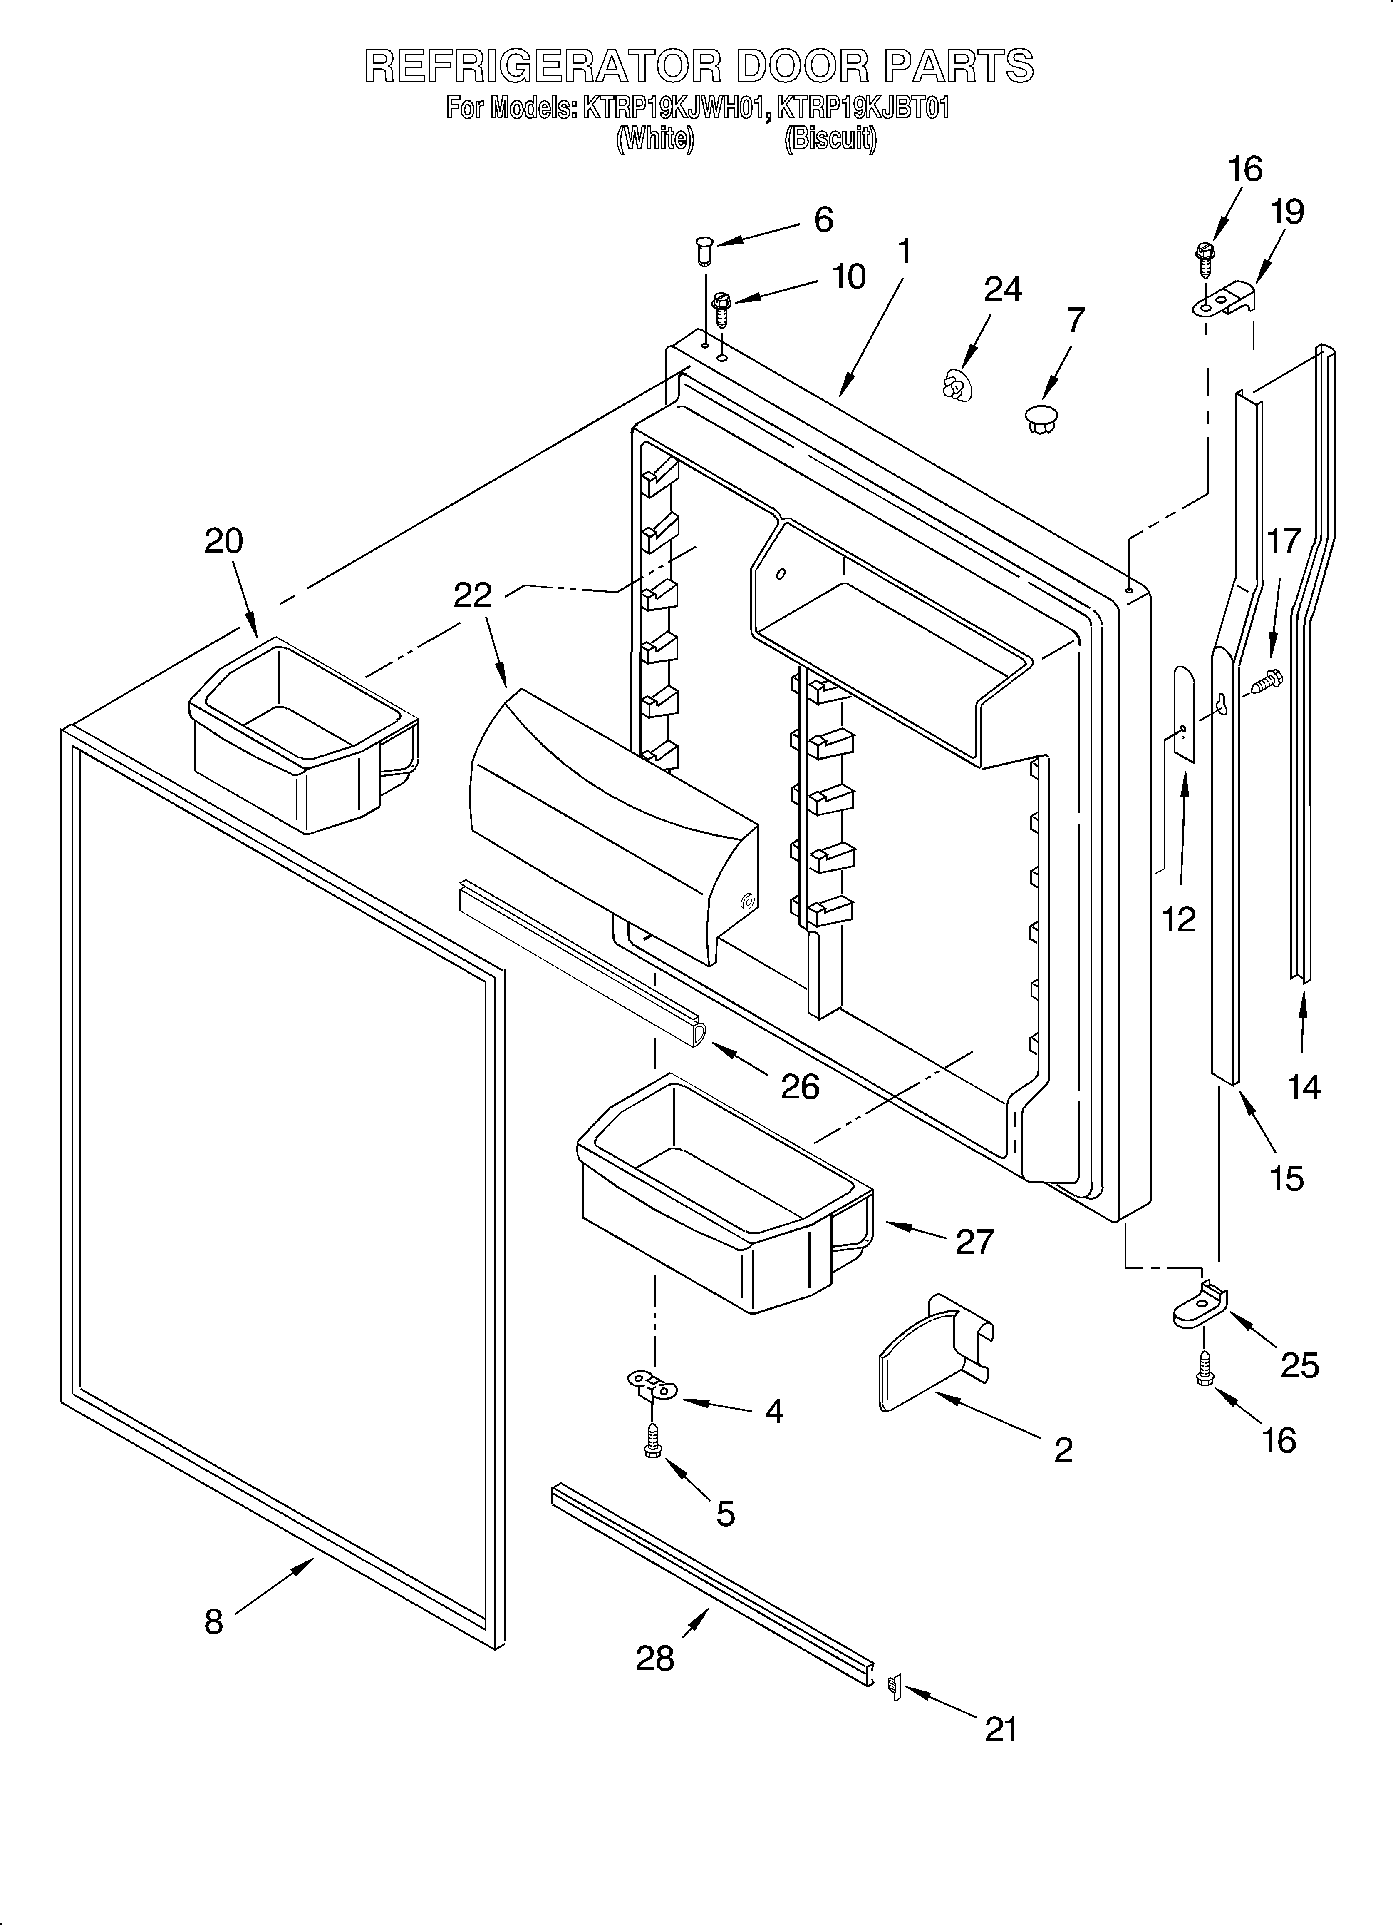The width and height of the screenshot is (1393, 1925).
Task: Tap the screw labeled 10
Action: click(722, 310)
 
